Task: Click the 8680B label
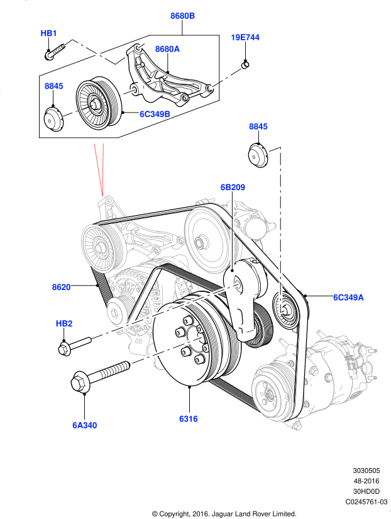(x=182, y=16)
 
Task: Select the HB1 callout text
(x=49, y=33)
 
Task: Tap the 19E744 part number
(x=245, y=38)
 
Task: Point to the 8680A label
(x=167, y=49)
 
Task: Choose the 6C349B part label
(x=155, y=114)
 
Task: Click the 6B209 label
(x=233, y=187)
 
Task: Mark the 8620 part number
(x=61, y=287)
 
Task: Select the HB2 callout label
(x=64, y=324)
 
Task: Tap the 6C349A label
(x=348, y=298)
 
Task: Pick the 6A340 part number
(x=84, y=425)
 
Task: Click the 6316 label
(x=188, y=419)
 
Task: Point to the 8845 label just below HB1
(x=53, y=86)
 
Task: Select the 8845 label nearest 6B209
(x=258, y=126)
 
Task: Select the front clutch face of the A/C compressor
(x=268, y=394)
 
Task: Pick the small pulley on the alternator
(x=116, y=310)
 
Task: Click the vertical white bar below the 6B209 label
(x=233, y=233)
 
